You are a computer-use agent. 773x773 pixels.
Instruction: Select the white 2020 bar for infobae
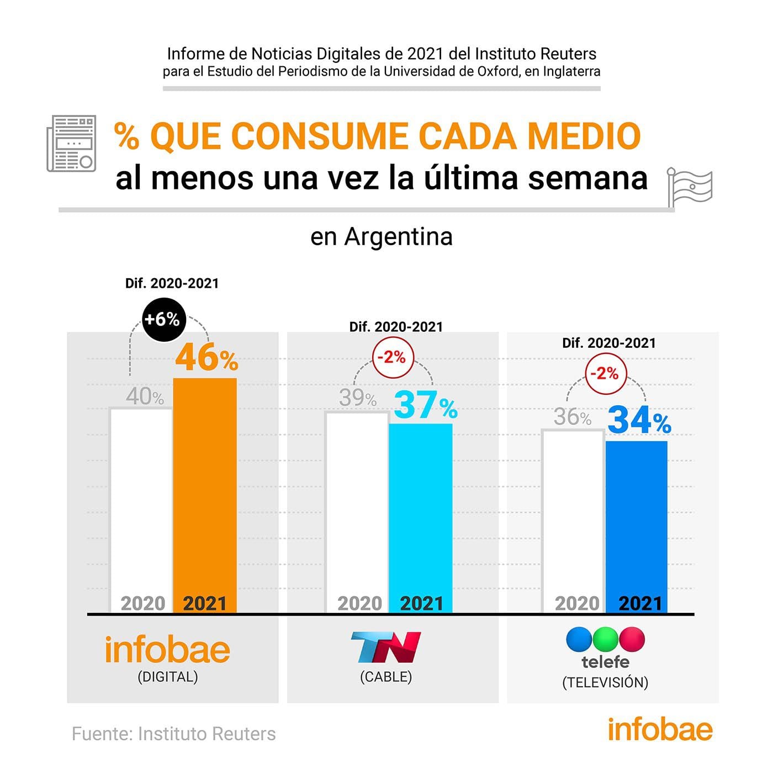tap(141, 502)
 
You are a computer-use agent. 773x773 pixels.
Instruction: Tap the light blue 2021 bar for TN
tap(421, 513)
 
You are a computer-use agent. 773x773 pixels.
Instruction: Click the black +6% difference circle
tap(162, 319)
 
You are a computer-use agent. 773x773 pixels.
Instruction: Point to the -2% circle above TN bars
tap(391, 357)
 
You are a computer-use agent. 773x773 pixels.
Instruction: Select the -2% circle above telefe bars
tap(605, 374)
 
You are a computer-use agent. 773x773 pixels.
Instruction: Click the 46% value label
tap(207, 358)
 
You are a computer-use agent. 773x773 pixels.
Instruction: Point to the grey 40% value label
tap(145, 396)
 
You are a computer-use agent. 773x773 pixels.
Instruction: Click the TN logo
tap(386, 647)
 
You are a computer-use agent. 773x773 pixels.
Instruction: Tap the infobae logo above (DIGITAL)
tap(167, 650)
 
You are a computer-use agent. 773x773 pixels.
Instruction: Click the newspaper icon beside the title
tap(71, 143)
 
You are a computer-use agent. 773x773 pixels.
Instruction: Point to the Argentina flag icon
tap(690, 187)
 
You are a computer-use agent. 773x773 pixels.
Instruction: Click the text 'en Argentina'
tap(382, 237)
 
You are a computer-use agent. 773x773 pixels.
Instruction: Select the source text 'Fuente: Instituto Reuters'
tap(173, 734)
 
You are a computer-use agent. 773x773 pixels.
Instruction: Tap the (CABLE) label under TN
tap(386, 676)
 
